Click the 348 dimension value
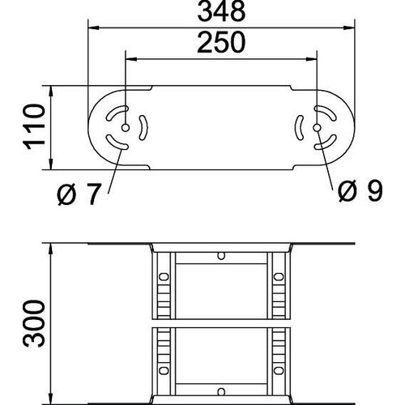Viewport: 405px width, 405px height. (221, 11)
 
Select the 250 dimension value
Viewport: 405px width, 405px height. (221, 42)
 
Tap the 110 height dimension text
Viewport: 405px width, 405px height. (35, 127)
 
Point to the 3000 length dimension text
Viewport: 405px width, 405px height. (34, 323)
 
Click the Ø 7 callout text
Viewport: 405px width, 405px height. (79, 194)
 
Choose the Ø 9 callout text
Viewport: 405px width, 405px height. (360, 191)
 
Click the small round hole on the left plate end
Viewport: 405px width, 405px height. (126, 128)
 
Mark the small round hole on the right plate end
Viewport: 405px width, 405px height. (317, 127)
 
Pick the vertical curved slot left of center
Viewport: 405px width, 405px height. (144, 128)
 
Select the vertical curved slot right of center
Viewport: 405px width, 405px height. (298, 128)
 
